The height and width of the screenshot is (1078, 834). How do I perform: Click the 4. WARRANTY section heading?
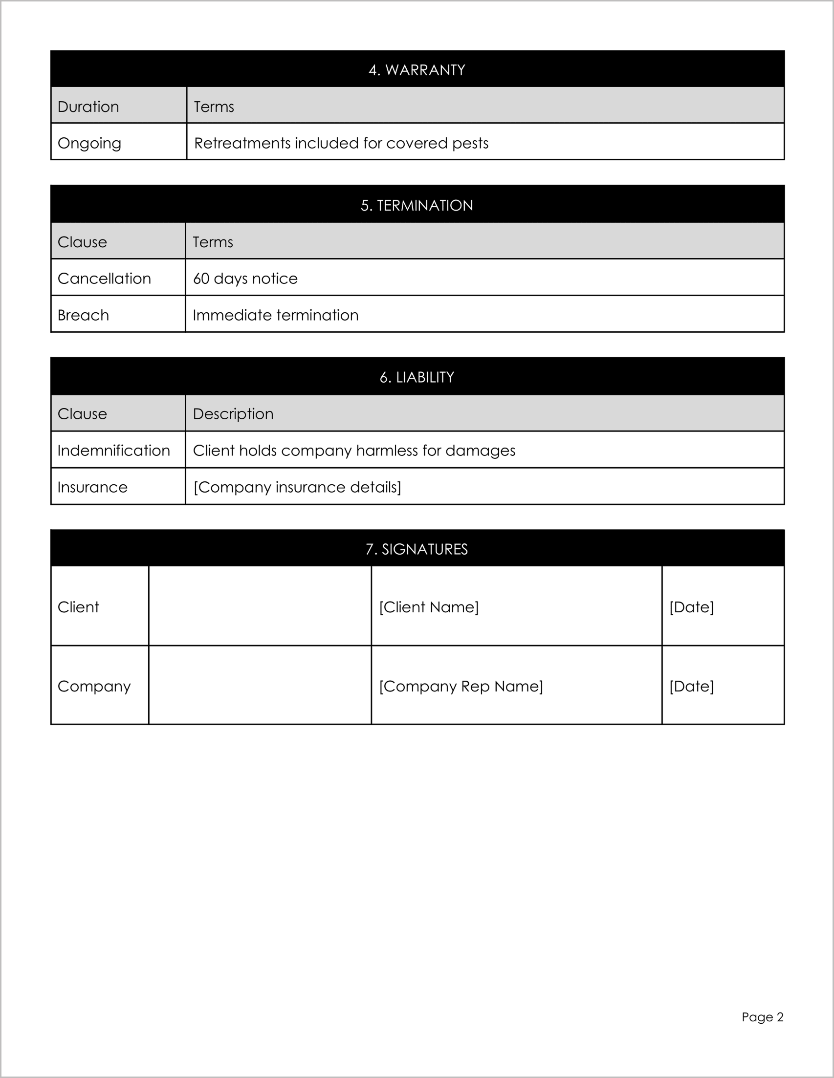click(417, 69)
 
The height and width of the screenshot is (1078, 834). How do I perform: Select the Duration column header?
click(88, 107)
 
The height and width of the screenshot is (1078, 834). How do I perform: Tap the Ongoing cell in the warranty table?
click(89, 143)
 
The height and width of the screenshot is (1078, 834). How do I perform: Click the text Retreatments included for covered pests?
click(341, 143)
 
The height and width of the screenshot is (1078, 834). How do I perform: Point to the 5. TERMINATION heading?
click(417, 205)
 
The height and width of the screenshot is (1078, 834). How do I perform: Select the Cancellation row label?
click(104, 279)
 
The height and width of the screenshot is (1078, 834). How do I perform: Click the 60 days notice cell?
click(245, 279)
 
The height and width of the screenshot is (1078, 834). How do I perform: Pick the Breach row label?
click(83, 315)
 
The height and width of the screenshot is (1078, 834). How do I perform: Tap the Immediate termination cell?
click(275, 315)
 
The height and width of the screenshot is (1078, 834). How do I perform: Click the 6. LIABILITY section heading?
click(417, 377)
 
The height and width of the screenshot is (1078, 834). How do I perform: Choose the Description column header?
click(233, 413)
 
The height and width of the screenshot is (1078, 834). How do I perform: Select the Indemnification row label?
click(113, 450)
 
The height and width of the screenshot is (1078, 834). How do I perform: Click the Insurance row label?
click(92, 487)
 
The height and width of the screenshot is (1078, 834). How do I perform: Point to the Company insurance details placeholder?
click(297, 487)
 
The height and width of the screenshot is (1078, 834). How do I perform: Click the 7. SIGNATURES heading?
click(417, 549)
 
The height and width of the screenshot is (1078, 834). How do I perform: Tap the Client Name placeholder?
click(429, 606)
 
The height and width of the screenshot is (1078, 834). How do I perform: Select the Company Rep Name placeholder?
click(461, 686)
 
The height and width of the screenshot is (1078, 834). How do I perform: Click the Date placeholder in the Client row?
click(691, 606)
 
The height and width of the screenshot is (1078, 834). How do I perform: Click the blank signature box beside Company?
click(260, 685)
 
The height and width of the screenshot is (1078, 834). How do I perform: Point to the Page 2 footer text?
click(762, 1017)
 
